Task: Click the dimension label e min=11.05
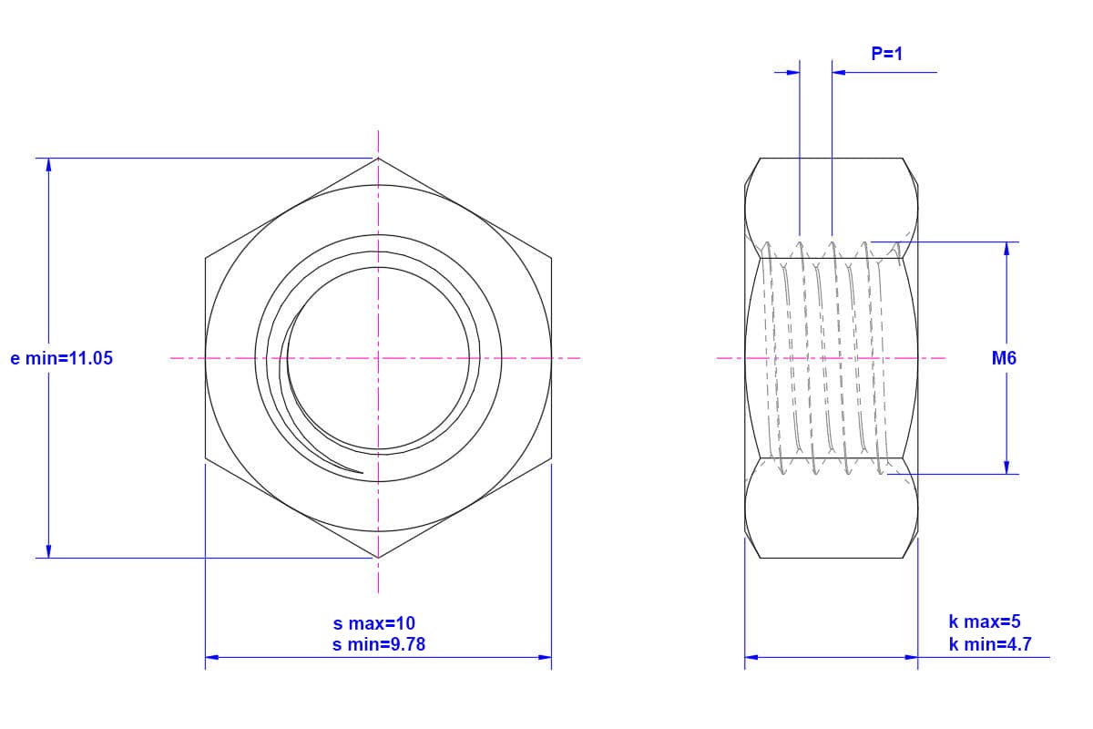coord(62,358)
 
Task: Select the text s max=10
coord(373,623)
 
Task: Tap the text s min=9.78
coord(379,644)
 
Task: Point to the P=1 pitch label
coord(886,54)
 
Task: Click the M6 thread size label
coord(1004,358)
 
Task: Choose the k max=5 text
coord(985,621)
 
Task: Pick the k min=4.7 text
coord(990,644)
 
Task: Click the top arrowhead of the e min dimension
coord(48,165)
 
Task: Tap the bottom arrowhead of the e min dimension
coord(48,551)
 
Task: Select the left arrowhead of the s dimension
coord(211,657)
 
